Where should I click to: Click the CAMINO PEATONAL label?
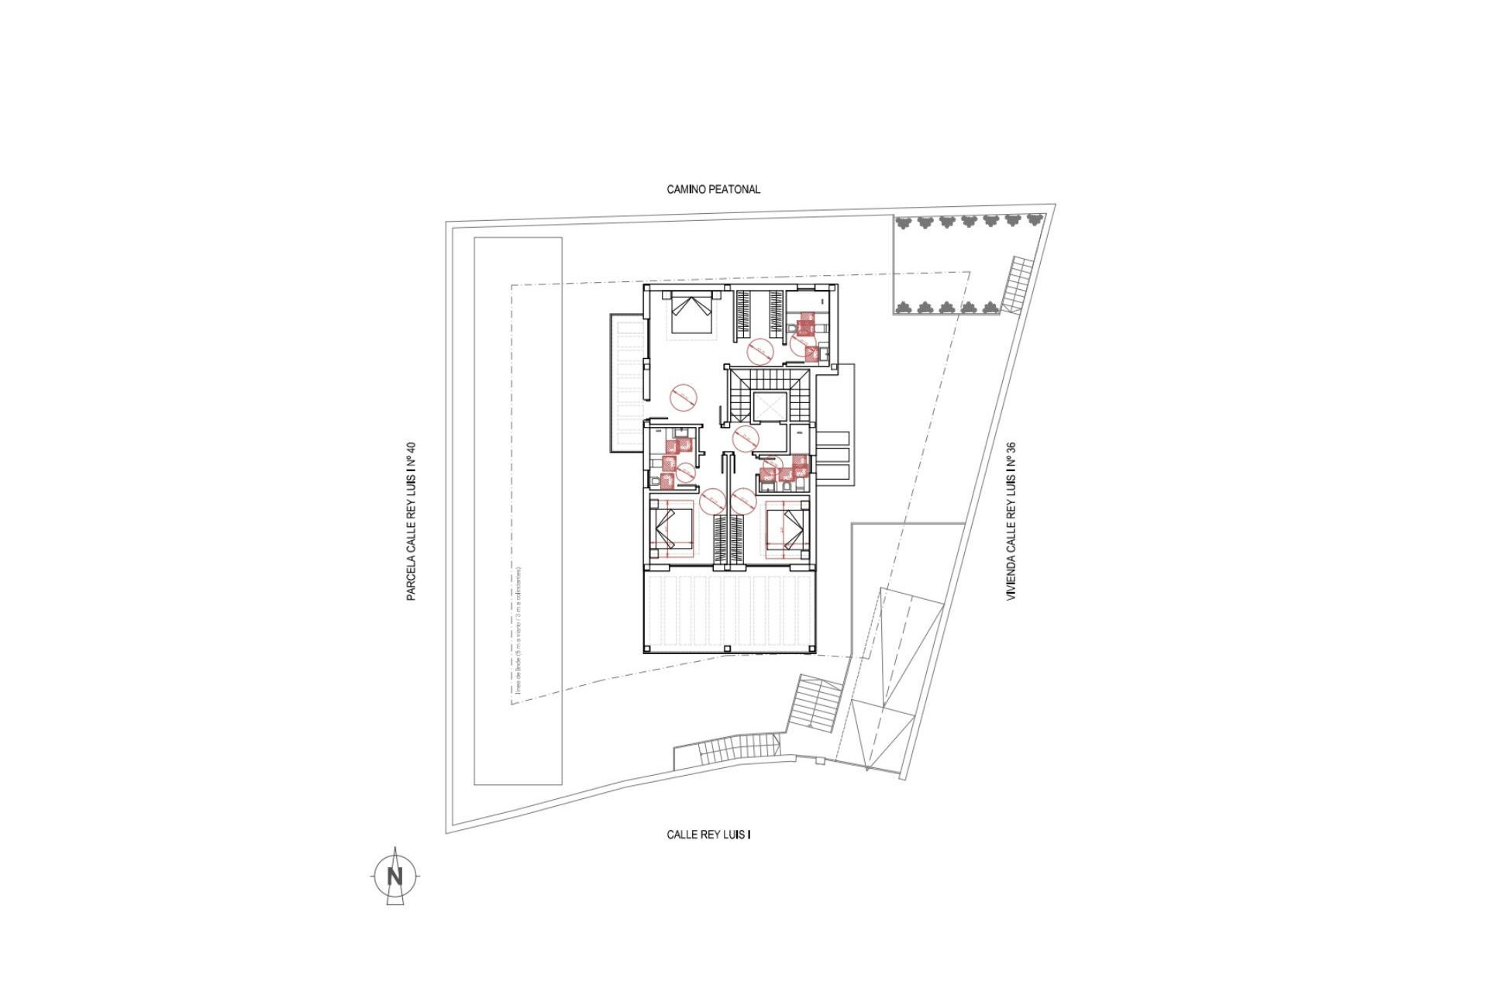point(713,189)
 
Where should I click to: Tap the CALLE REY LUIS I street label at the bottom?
point(708,835)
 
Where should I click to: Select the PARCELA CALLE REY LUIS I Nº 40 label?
point(411,521)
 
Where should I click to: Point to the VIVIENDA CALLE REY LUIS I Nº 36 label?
point(1011,521)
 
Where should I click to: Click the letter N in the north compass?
point(395,877)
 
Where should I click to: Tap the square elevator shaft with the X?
point(770,407)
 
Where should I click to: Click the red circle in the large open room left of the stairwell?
point(684,398)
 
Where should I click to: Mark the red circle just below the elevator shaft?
point(746,438)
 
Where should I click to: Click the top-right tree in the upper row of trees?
point(1034,221)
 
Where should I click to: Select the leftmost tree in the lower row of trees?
point(903,308)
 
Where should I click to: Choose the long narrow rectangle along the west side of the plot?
point(518,511)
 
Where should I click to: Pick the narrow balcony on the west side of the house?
point(628,383)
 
